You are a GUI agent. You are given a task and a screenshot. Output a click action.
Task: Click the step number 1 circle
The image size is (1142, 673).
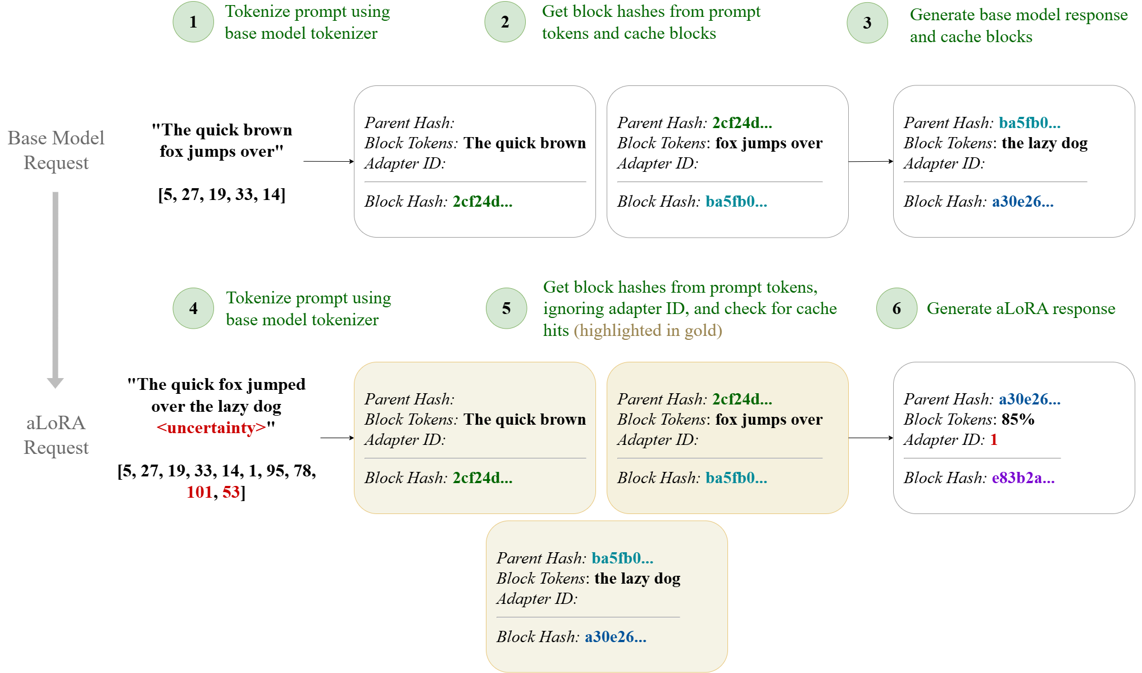click(193, 22)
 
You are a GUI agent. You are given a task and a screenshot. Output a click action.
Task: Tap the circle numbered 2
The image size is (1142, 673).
click(505, 22)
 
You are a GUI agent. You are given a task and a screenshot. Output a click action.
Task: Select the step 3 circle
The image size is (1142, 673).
click(867, 23)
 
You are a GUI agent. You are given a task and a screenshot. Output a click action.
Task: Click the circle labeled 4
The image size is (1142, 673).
click(193, 308)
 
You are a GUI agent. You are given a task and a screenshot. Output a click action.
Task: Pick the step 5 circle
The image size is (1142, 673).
click(507, 308)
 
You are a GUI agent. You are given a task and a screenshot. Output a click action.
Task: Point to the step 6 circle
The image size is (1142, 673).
click(897, 308)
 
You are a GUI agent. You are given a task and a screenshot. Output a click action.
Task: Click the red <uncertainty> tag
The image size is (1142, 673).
click(211, 428)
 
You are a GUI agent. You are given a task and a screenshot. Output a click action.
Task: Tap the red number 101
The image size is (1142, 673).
click(199, 492)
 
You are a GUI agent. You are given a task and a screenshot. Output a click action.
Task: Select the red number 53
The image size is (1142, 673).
click(231, 492)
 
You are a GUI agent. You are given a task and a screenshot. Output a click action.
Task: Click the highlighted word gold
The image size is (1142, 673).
click(700, 330)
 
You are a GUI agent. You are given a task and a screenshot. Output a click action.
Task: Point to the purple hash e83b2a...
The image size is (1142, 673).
click(1023, 478)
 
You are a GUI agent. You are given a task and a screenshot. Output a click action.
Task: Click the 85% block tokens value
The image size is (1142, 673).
click(1018, 420)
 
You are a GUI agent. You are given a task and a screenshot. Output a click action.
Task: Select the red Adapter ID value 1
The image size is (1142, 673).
click(994, 440)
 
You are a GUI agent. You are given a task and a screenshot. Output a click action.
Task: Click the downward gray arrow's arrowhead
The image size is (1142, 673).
click(55, 383)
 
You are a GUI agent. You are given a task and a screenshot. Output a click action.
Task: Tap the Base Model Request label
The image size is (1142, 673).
click(56, 150)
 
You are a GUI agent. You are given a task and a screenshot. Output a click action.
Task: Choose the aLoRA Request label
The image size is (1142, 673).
click(56, 435)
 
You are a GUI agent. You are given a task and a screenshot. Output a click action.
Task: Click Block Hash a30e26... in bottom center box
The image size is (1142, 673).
click(615, 637)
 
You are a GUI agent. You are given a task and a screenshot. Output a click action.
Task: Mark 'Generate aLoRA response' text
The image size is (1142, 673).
click(1021, 308)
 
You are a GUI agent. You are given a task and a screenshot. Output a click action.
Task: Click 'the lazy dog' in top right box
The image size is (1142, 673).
click(1044, 143)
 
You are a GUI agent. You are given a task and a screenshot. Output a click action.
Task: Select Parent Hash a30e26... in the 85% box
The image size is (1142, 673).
click(1029, 399)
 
